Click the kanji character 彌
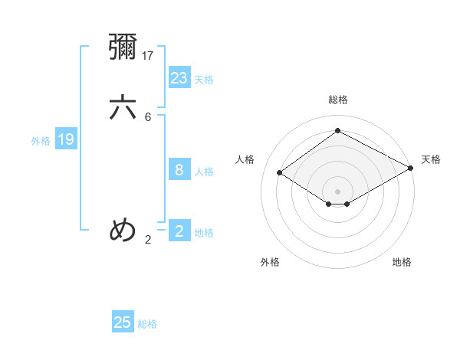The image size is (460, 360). [123, 47]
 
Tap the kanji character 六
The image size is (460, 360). [123, 107]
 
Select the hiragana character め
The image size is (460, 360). [123, 230]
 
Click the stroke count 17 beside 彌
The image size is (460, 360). [149, 56]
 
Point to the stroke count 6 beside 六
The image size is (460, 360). [148, 117]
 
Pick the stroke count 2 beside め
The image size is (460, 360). [148, 240]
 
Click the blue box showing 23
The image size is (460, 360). [179, 78]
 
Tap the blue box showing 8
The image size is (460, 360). [179, 170]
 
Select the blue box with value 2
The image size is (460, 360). [179, 231]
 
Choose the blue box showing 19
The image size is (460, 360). [66, 139]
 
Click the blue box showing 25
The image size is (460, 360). [123, 322]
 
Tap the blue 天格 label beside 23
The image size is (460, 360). [204, 80]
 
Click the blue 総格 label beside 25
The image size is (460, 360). [147, 324]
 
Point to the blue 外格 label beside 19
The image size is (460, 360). [41, 141]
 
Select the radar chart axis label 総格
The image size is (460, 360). [338, 100]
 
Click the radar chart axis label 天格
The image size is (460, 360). [431, 159]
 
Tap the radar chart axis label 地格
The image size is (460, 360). [402, 262]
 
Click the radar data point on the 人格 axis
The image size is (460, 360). [280, 173]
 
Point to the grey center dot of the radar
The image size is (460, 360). [338, 191]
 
